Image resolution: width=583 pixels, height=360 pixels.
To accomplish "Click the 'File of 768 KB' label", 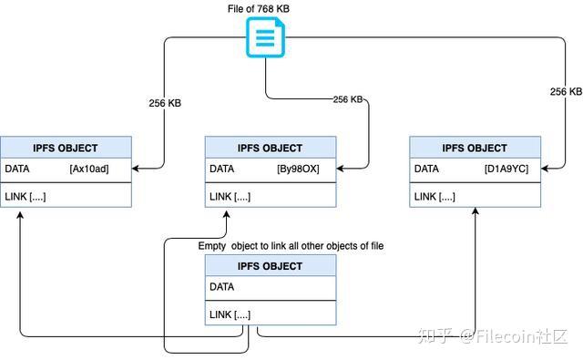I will coord(264,8).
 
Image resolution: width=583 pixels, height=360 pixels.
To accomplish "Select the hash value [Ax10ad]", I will coord(88,169).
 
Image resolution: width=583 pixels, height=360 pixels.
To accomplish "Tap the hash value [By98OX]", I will coord(298,169).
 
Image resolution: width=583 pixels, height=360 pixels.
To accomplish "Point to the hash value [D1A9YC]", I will coord(506,169).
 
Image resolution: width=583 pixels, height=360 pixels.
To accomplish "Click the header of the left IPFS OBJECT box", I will coord(66,148).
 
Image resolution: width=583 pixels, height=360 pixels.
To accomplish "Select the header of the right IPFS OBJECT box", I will coord(475,148).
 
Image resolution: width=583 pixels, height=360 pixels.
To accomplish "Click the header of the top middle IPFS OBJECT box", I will coord(270,148).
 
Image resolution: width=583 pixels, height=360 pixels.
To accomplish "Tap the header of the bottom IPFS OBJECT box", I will coord(270,266).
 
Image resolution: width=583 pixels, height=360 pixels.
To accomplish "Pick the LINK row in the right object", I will coord(435,197).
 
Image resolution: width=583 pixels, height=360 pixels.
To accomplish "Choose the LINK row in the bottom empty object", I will coord(230,314).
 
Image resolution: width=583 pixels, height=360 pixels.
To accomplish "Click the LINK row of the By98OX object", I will coord(230,197).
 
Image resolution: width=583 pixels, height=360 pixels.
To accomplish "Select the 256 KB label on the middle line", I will coord(348,98).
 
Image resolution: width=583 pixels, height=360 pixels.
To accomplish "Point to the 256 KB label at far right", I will coord(566,92).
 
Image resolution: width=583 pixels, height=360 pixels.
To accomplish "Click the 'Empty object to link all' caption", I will coord(291,246).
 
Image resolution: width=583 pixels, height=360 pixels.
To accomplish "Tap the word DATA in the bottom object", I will coord(221,287).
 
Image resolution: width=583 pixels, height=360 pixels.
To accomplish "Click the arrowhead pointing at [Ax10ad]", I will coord(137,168).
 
